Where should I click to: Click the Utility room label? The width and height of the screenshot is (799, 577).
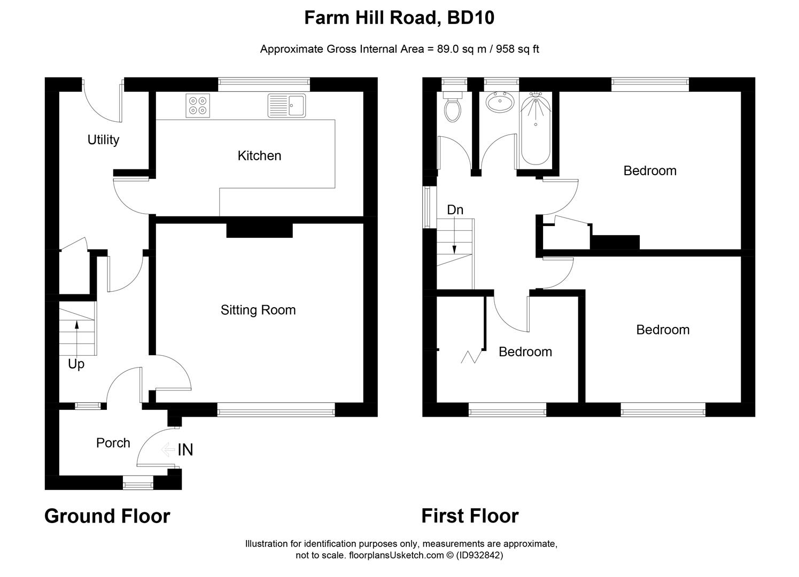pos(103,139)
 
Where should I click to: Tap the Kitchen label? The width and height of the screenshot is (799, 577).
pos(259,155)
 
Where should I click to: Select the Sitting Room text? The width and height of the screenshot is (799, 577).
pos(258,310)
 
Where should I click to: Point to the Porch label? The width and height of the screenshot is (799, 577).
pos(113,442)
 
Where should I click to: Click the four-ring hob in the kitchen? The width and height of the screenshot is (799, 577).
pos(198,106)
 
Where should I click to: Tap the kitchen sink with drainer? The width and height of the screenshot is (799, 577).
pos(287,106)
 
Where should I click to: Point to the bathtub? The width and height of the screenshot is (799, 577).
pos(536,128)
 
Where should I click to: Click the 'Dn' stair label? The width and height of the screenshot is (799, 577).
pos(455,209)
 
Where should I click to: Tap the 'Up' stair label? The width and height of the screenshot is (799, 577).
pos(76,364)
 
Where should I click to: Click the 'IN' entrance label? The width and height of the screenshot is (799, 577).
pos(185,450)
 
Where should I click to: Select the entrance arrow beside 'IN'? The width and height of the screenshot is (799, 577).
pos(168,449)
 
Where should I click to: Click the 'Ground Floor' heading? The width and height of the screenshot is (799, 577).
pos(107,516)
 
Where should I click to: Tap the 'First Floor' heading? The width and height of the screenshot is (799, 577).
pos(470,516)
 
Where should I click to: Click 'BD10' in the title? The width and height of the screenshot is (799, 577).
pos(470,18)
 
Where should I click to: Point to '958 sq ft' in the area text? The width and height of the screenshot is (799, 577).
pos(517,49)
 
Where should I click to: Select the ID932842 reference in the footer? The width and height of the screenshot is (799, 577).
pos(479,555)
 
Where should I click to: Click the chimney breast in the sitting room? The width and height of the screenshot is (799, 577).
pos(260,230)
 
